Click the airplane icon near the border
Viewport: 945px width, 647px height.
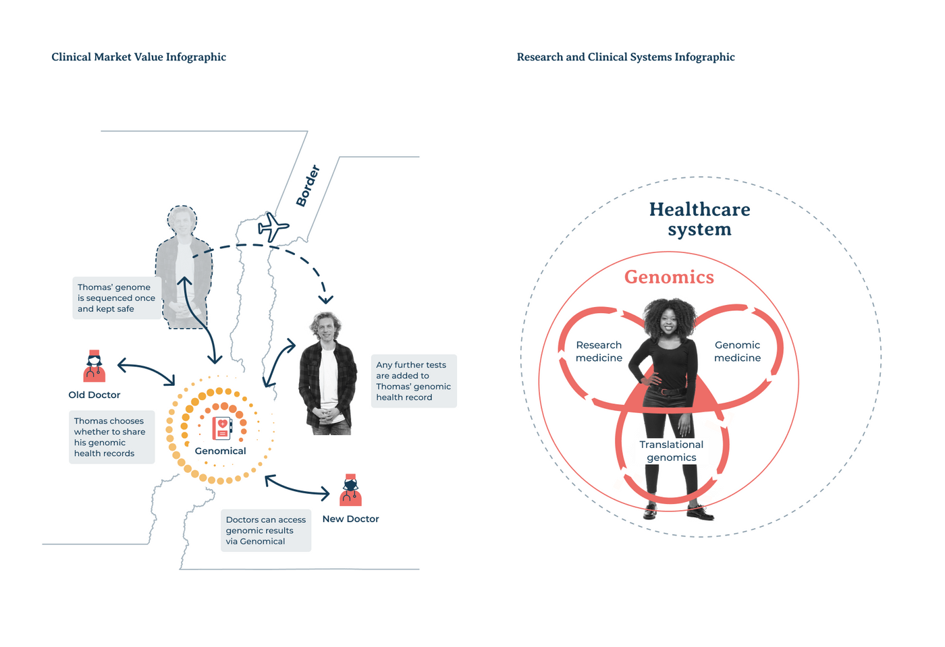[x=273, y=227]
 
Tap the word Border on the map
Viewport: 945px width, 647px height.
[x=308, y=186]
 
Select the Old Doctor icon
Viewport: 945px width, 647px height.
[x=94, y=366]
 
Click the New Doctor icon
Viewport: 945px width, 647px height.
[x=350, y=490]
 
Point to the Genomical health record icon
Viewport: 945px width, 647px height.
[x=222, y=428]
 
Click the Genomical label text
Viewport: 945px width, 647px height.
[x=220, y=451]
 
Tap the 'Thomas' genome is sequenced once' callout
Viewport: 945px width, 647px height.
[x=117, y=298]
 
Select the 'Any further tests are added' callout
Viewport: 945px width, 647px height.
[x=414, y=381]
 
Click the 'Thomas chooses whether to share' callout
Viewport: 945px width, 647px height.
[x=112, y=437]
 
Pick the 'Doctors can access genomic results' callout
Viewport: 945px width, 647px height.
[x=266, y=530]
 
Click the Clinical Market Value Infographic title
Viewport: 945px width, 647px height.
[x=139, y=57]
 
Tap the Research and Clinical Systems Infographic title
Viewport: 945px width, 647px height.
[x=626, y=57]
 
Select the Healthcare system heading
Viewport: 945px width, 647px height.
[x=699, y=219]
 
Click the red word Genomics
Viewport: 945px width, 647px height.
[x=669, y=277]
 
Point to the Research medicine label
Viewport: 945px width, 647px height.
[x=599, y=351]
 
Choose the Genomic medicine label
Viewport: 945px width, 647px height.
[x=737, y=351]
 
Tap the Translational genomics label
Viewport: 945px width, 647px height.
[x=671, y=451]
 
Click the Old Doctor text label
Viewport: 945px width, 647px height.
[x=94, y=395]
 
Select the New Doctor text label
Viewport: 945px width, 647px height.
[x=350, y=519]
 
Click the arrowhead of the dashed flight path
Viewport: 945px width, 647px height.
[x=325, y=300]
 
